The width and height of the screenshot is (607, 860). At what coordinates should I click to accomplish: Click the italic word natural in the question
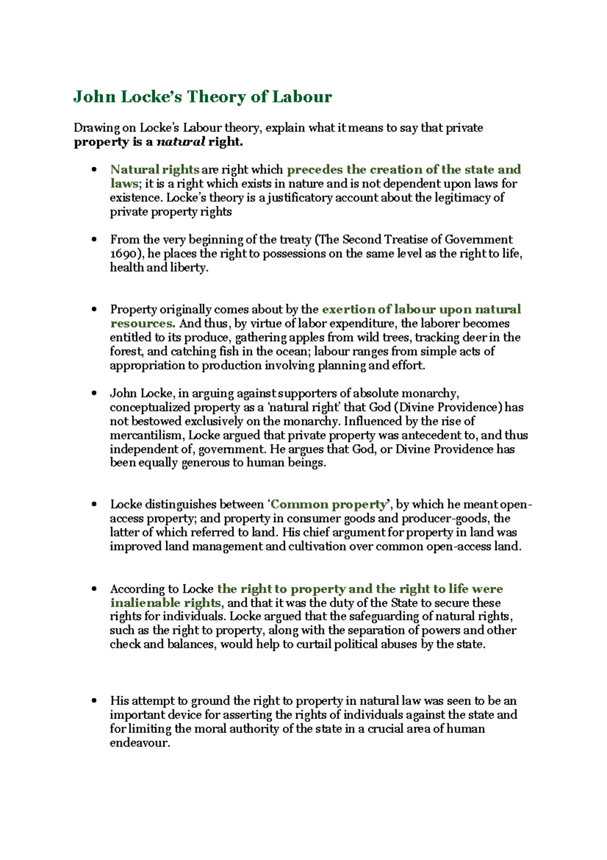181,142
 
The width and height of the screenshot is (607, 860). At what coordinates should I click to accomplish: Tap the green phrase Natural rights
154,170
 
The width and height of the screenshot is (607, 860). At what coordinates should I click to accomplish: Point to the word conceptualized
150,408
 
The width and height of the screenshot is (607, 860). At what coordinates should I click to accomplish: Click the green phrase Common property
328,504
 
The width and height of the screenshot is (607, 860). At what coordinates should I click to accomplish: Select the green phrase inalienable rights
165,603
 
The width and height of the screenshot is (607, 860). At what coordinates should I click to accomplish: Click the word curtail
314,644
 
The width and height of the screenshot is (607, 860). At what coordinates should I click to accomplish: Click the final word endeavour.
140,743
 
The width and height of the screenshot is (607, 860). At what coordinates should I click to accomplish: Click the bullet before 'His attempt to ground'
94,701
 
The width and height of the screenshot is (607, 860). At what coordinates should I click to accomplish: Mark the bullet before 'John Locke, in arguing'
94,394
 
